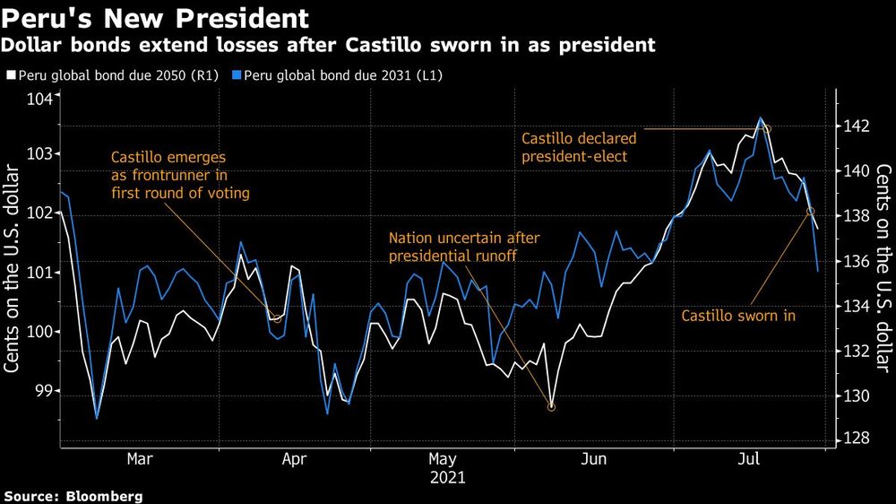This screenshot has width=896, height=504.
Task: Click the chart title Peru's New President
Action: (157, 18)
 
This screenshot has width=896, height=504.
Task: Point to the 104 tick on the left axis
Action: (40, 99)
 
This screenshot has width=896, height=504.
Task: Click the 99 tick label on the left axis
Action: (43, 390)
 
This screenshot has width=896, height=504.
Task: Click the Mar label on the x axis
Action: (139, 458)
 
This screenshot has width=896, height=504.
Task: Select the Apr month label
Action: (295, 458)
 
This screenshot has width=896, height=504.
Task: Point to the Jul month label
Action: (749, 458)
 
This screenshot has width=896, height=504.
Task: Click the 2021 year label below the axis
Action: (448, 479)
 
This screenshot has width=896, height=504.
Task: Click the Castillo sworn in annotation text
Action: (738, 316)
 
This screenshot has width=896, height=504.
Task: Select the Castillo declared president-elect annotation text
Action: (579, 148)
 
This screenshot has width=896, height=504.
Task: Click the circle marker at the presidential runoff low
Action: (551, 407)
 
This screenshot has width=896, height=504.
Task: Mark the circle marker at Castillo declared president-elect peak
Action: (766, 129)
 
